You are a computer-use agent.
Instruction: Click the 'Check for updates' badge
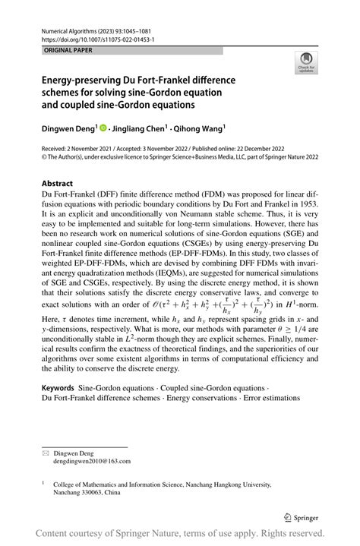(x=307, y=63)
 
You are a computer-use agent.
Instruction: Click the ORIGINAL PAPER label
(x=68, y=49)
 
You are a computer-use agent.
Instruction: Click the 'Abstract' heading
(x=57, y=183)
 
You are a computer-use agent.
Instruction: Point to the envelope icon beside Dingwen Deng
(x=46, y=452)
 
